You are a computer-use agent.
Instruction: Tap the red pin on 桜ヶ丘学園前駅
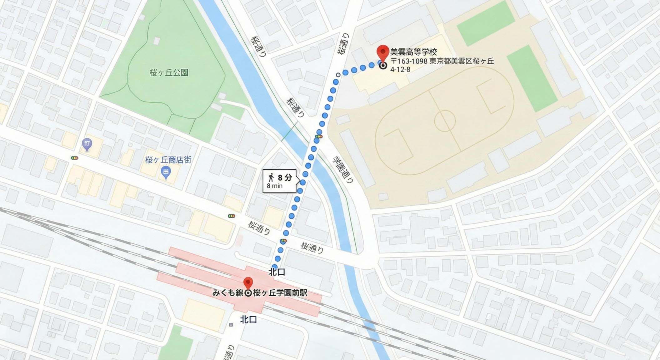248,282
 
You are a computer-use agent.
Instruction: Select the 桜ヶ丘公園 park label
169,73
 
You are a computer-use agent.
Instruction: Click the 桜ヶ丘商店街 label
168,160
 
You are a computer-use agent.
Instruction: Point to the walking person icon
271,177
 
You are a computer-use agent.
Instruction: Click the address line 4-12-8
400,69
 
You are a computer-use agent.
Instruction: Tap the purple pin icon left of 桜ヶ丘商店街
87,144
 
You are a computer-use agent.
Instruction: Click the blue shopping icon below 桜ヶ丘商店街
166,172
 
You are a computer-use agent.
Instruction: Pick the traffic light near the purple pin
74,158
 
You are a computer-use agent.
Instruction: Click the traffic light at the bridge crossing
319,137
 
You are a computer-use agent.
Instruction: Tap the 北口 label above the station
277,272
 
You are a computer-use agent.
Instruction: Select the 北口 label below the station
248,320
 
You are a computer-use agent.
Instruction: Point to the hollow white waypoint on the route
338,75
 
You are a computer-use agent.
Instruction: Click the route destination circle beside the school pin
383,66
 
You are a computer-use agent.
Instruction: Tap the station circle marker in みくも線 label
248,293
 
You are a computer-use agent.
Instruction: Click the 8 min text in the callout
275,186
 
